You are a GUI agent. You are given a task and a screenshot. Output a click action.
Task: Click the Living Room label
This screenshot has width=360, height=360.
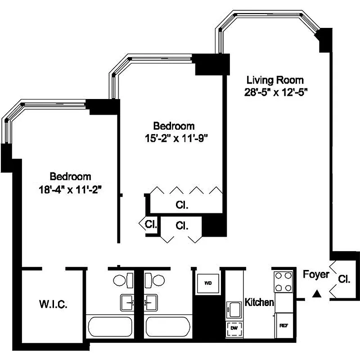(x=275, y=80)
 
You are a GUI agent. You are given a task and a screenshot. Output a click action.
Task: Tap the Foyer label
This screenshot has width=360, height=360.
(x=316, y=274)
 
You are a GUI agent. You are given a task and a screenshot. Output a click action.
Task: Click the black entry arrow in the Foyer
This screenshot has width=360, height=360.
(x=317, y=294)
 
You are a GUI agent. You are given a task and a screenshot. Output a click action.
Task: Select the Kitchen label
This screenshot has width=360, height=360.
(x=259, y=302)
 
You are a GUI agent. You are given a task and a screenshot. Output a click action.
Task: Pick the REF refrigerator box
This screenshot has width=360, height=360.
(x=283, y=325)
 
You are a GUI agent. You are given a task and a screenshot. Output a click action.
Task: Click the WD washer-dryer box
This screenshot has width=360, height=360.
(x=208, y=283)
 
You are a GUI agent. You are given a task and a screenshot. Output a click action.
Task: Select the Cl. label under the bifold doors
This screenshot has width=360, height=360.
(x=182, y=205)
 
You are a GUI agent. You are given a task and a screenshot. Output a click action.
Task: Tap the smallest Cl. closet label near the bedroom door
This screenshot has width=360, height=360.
(x=150, y=224)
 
